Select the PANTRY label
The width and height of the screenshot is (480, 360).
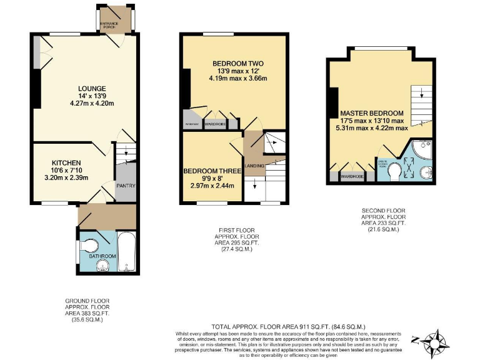126,186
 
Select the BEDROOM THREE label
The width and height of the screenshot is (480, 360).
209,171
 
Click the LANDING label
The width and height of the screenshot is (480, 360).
254,166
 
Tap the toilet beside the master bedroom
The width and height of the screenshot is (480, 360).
395,171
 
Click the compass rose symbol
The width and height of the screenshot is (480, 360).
436,341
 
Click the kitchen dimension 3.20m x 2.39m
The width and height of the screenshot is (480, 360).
67,177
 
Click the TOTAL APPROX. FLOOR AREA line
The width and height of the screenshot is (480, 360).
288,327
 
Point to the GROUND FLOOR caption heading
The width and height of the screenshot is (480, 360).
87,301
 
